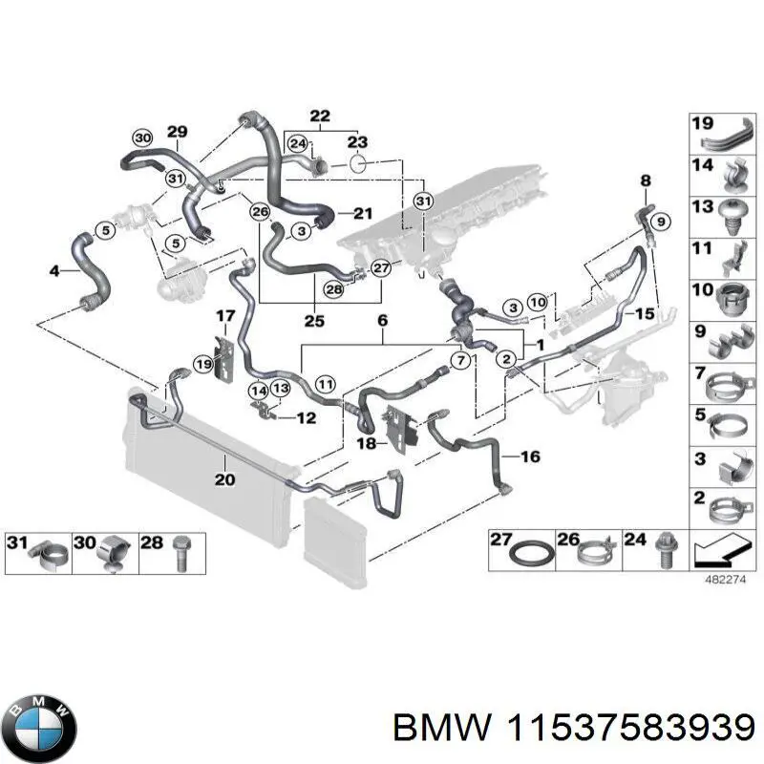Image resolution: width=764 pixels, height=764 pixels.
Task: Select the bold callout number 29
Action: coord(177,132)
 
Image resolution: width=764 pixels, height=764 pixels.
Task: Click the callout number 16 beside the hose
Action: coord(530,457)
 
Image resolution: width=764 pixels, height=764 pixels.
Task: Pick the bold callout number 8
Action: coord(645,180)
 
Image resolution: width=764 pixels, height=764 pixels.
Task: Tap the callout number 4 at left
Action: coord(54,272)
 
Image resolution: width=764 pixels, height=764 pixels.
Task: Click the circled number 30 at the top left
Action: coord(142,137)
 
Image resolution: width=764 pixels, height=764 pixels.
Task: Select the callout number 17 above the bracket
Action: coord(223,316)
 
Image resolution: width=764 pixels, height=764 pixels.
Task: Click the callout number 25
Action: coord(314,320)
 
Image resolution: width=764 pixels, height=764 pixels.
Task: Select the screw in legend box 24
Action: coord(659,552)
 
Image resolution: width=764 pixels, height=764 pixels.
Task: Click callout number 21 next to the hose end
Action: coord(361,212)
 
